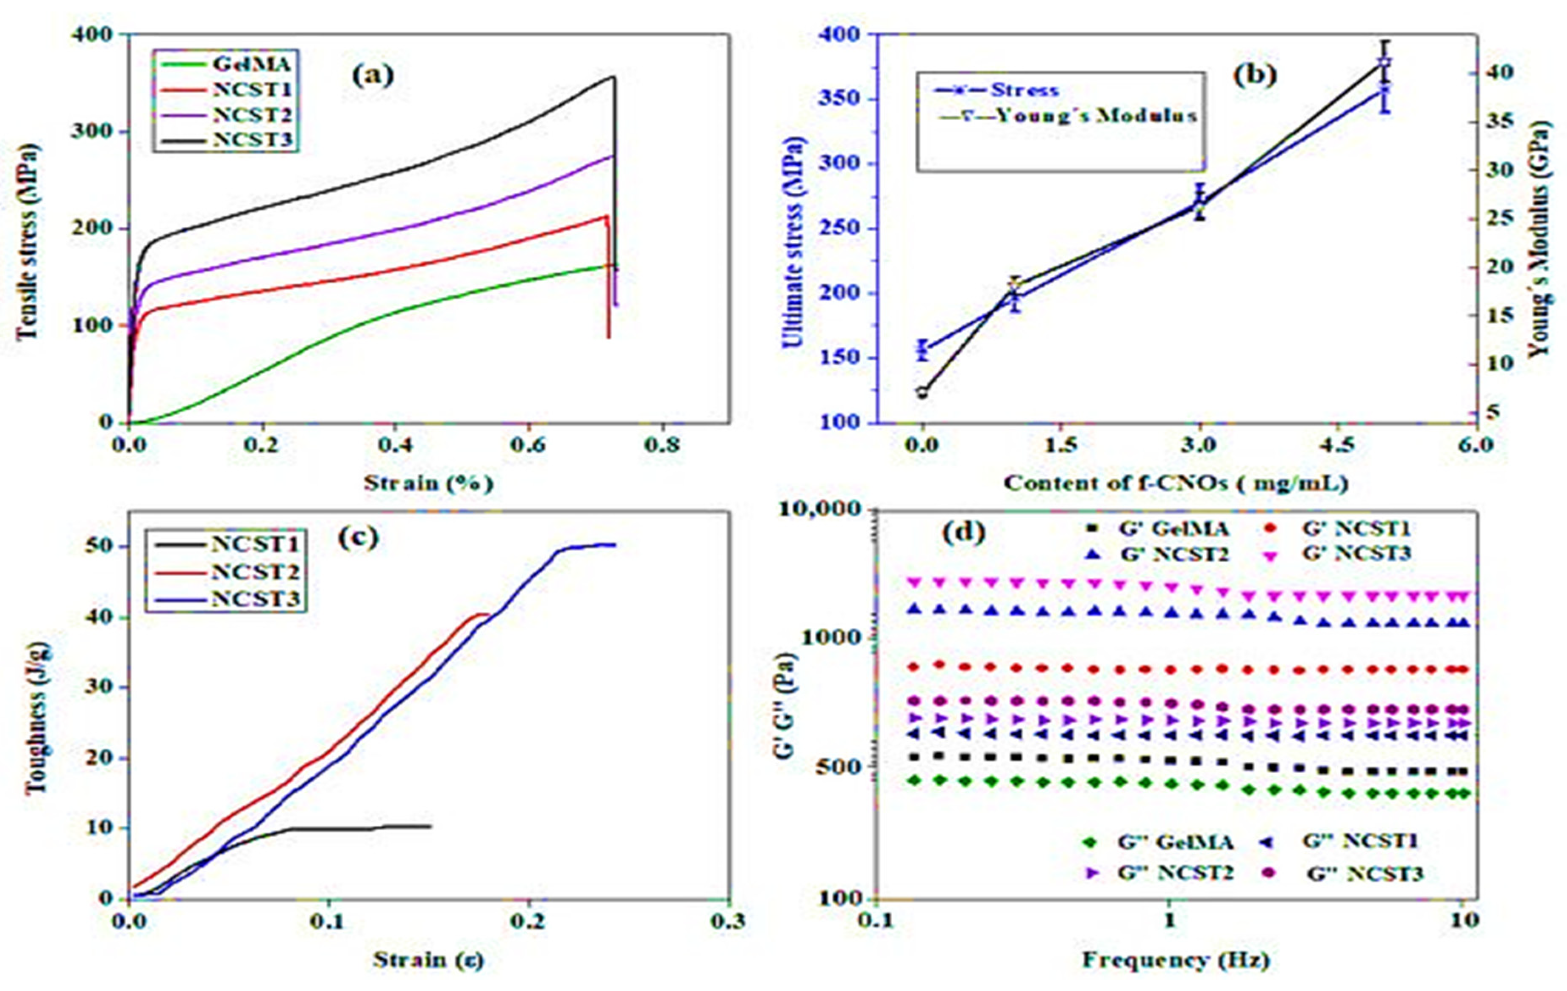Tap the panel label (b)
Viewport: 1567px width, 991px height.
pyautogui.click(x=1255, y=75)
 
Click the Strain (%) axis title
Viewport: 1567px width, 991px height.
pyautogui.click(x=428, y=483)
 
